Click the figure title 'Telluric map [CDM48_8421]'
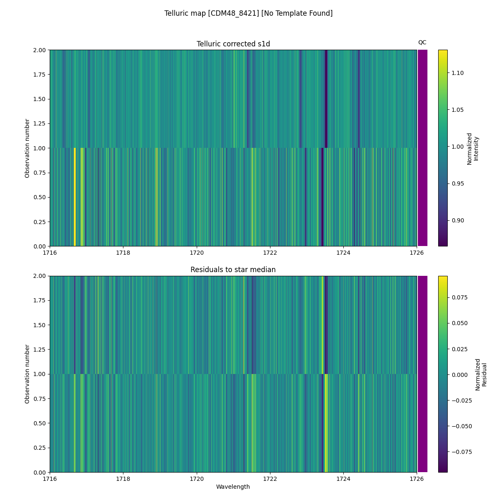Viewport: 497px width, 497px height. [x=248, y=13]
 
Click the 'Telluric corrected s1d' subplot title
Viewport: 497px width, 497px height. [x=233, y=44]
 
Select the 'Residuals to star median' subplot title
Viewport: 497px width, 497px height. [x=233, y=270]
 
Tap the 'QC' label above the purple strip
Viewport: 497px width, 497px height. [x=422, y=42]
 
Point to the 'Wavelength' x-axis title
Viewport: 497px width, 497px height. [x=233, y=487]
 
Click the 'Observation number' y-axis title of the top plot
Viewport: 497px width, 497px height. [x=27, y=148]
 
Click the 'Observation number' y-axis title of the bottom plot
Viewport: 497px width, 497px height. [x=27, y=374]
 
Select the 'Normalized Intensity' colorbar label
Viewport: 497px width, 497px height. [x=473, y=148]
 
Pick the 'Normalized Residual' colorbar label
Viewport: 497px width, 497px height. [x=480, y=374]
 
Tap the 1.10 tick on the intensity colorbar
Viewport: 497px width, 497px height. [x=458, y=73]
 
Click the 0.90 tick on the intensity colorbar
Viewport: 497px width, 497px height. [x=458, y=220]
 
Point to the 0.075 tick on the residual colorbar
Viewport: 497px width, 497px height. [x=460, y=297]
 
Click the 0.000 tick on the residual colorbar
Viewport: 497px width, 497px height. [x=460, y=374]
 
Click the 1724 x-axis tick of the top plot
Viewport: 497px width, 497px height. [x=343, y=253]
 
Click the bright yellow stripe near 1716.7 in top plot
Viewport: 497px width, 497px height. [x=75, y=197]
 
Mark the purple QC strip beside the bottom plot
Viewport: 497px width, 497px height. [x=422, y=374]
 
